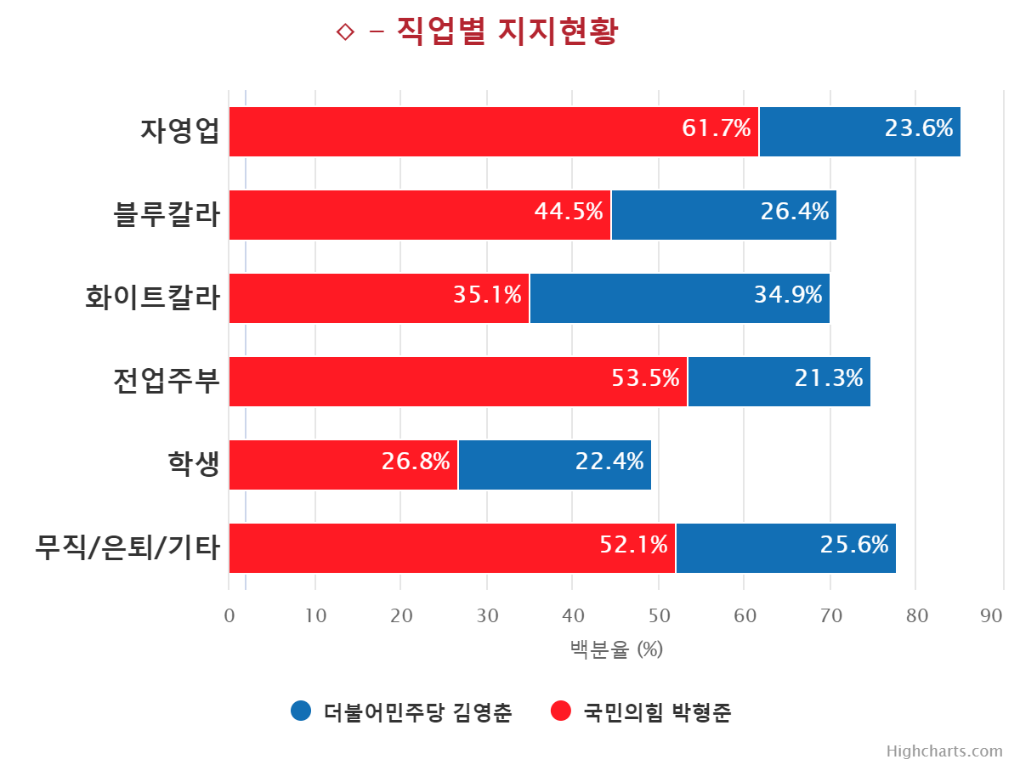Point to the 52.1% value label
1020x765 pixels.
point(633,545)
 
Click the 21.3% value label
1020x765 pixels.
point(829,378)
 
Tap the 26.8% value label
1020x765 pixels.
point(416,462)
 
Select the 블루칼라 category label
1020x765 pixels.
point(167,215)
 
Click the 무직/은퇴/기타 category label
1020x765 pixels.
point(127,548)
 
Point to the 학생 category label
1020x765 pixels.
point(193,465)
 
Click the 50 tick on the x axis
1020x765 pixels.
point(659,616)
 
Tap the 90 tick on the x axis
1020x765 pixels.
point(991,616)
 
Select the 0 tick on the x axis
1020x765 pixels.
point(229,616)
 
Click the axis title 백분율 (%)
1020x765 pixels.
point(616,650)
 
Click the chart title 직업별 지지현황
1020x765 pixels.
point(507,32)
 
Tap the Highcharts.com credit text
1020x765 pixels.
point(944,751)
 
